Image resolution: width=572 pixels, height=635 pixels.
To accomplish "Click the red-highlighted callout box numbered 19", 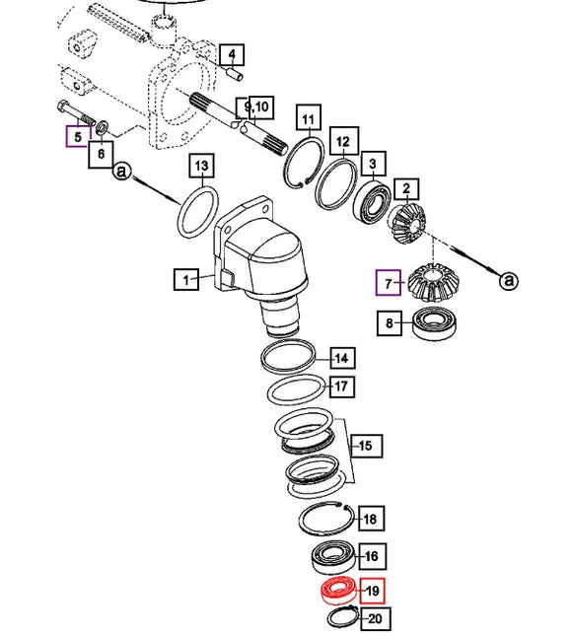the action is (372, 591).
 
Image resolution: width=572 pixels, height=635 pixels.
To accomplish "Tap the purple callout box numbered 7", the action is (389, 283).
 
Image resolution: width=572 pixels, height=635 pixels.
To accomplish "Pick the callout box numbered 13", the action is (202, 166).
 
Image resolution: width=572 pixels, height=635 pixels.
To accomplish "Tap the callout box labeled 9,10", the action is (255, 107).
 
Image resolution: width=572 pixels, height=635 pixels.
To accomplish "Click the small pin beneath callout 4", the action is (234, 75).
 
